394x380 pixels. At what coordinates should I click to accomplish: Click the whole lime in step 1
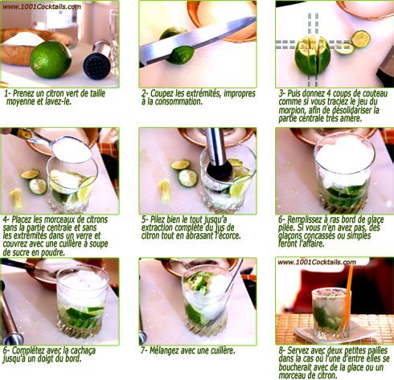pos(51,60)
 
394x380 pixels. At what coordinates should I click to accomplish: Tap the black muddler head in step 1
pos(96,66)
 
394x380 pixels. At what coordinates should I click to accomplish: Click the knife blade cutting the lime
pos(198,40)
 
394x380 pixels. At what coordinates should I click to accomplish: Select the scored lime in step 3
pos(312,55)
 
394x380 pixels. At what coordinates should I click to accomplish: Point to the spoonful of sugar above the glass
pos(72,149)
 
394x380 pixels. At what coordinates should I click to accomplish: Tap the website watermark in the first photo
pos(42,6)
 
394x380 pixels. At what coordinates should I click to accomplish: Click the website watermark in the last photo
pos(317,262)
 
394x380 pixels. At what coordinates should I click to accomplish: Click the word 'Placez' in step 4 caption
pos(21,219)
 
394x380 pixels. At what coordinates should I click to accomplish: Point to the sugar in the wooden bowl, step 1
pos(23,39)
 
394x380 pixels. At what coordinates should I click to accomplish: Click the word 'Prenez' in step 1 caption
pos(23,94)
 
